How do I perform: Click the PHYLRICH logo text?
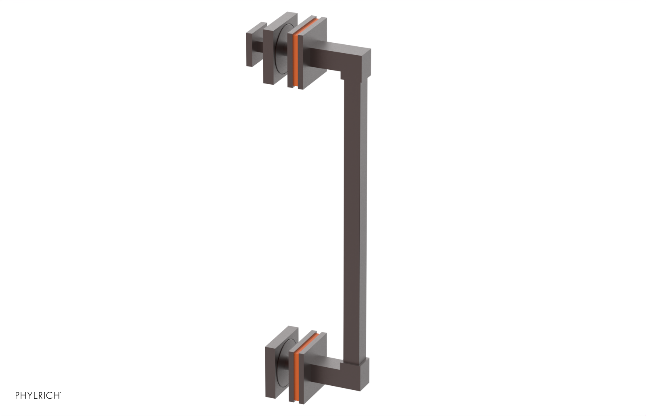37,395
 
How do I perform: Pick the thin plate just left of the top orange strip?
289,60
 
